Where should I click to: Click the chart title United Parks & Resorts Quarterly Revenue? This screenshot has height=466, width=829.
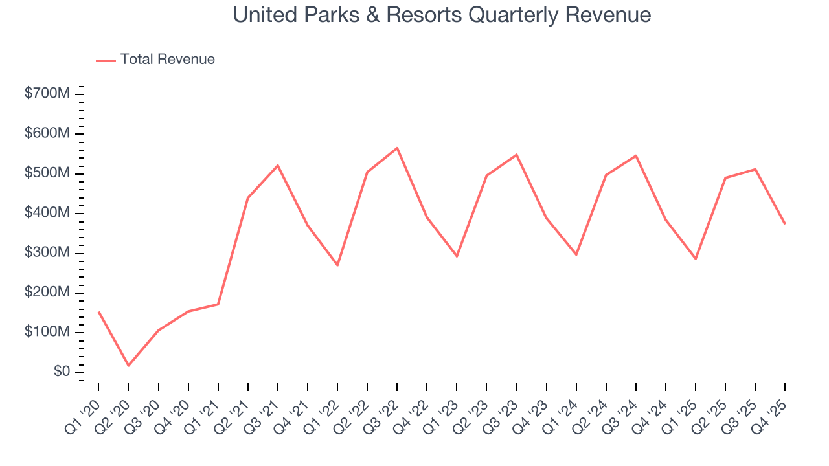tap(442, 15)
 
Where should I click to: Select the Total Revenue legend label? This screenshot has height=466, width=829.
tap(167, 60)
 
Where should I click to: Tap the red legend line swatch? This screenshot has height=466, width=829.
tap(106, 60)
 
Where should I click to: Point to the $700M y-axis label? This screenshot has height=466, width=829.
tap(47, 94)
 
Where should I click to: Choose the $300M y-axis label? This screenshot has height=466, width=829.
tap(47, 253)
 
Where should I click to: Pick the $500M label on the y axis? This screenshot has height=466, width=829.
tap(47, 173)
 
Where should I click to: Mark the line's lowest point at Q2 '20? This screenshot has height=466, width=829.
tap(128, 366)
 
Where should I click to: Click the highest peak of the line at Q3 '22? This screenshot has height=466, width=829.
tap(397, 148)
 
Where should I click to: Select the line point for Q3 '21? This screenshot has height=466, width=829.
tap(278, 165)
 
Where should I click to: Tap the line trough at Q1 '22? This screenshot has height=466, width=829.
tap(337, 265)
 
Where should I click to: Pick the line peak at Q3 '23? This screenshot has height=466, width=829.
tap(516, 155)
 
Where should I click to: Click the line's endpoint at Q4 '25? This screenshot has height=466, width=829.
tap(785, 224)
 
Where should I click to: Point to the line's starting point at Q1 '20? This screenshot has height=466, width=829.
tap(98, 312)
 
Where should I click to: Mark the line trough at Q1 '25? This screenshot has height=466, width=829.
tap(696, 259)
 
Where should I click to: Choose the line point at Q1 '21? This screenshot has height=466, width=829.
tap(218, 304)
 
